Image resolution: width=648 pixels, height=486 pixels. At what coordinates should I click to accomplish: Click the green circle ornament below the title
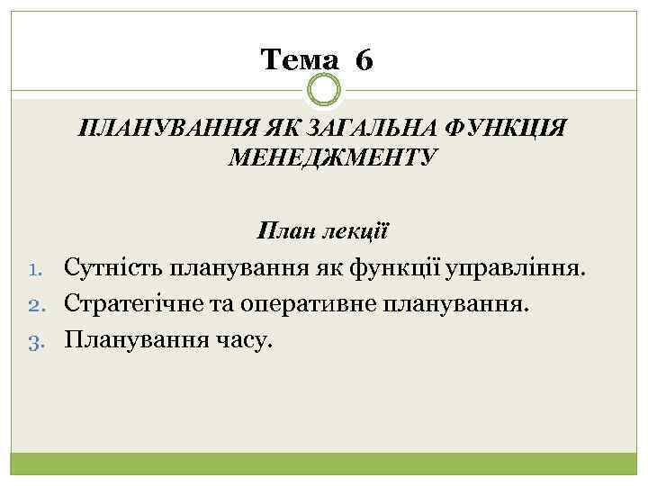click(324, 90)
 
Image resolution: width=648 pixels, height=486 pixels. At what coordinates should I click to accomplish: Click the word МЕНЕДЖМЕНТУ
click(333, 158)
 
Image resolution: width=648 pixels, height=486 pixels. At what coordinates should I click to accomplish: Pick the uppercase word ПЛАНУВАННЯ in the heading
click(158, 126)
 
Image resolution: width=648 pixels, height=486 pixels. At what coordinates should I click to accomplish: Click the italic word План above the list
click(283, 230)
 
